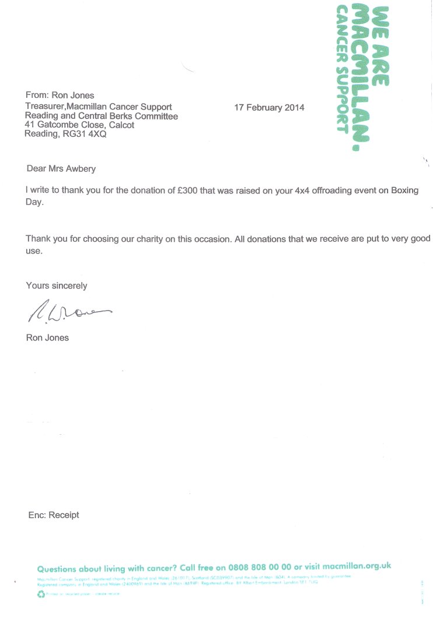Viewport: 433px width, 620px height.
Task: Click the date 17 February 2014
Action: [x=269, y=108]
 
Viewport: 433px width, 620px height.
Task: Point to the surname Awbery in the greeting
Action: [x=79, y=169]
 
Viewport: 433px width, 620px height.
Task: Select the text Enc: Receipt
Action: [x=54, y=515]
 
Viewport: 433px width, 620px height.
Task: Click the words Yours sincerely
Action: [x=57, y=286]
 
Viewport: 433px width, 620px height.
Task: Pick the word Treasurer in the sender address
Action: [x=45, y=107]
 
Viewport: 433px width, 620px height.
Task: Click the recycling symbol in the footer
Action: [x=41, y=594]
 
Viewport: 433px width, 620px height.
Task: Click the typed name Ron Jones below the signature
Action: [x=47, y=337]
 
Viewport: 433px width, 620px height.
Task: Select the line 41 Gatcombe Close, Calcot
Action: [x=79, y=125]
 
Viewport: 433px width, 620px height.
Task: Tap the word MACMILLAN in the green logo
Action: [x=362, y=82]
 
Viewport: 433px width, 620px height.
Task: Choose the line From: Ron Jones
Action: [x=60, y=96]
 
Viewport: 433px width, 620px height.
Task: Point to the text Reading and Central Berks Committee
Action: [x=102, y=116]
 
